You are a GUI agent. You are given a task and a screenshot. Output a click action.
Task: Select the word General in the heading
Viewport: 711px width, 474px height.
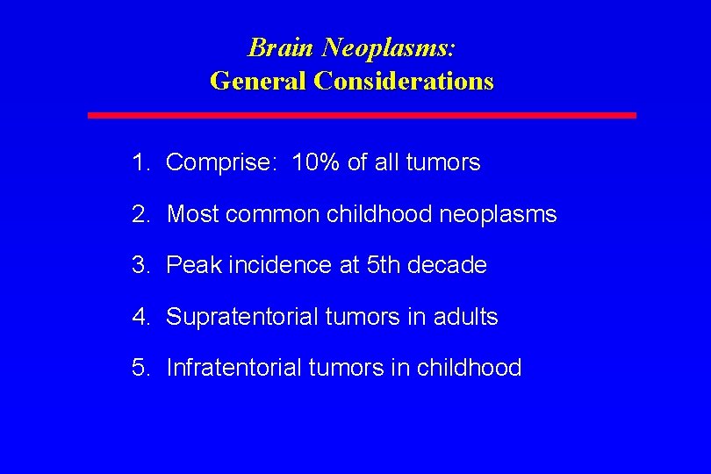258,81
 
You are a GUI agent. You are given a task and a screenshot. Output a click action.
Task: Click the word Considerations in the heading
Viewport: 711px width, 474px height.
404,81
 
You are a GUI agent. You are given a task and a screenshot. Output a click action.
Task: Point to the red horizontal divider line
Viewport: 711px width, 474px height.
362,115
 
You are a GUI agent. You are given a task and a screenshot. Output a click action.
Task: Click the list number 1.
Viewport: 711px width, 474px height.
139,162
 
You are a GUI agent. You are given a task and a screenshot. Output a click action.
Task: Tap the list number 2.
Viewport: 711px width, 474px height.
139,214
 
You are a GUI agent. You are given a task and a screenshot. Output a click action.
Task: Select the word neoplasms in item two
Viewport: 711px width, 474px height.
499,214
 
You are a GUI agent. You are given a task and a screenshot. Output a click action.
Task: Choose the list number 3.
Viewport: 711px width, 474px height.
139,265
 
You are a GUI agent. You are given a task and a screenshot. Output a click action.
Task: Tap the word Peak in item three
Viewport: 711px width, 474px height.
193,265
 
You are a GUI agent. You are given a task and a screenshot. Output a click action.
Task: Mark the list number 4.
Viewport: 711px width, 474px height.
139,317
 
